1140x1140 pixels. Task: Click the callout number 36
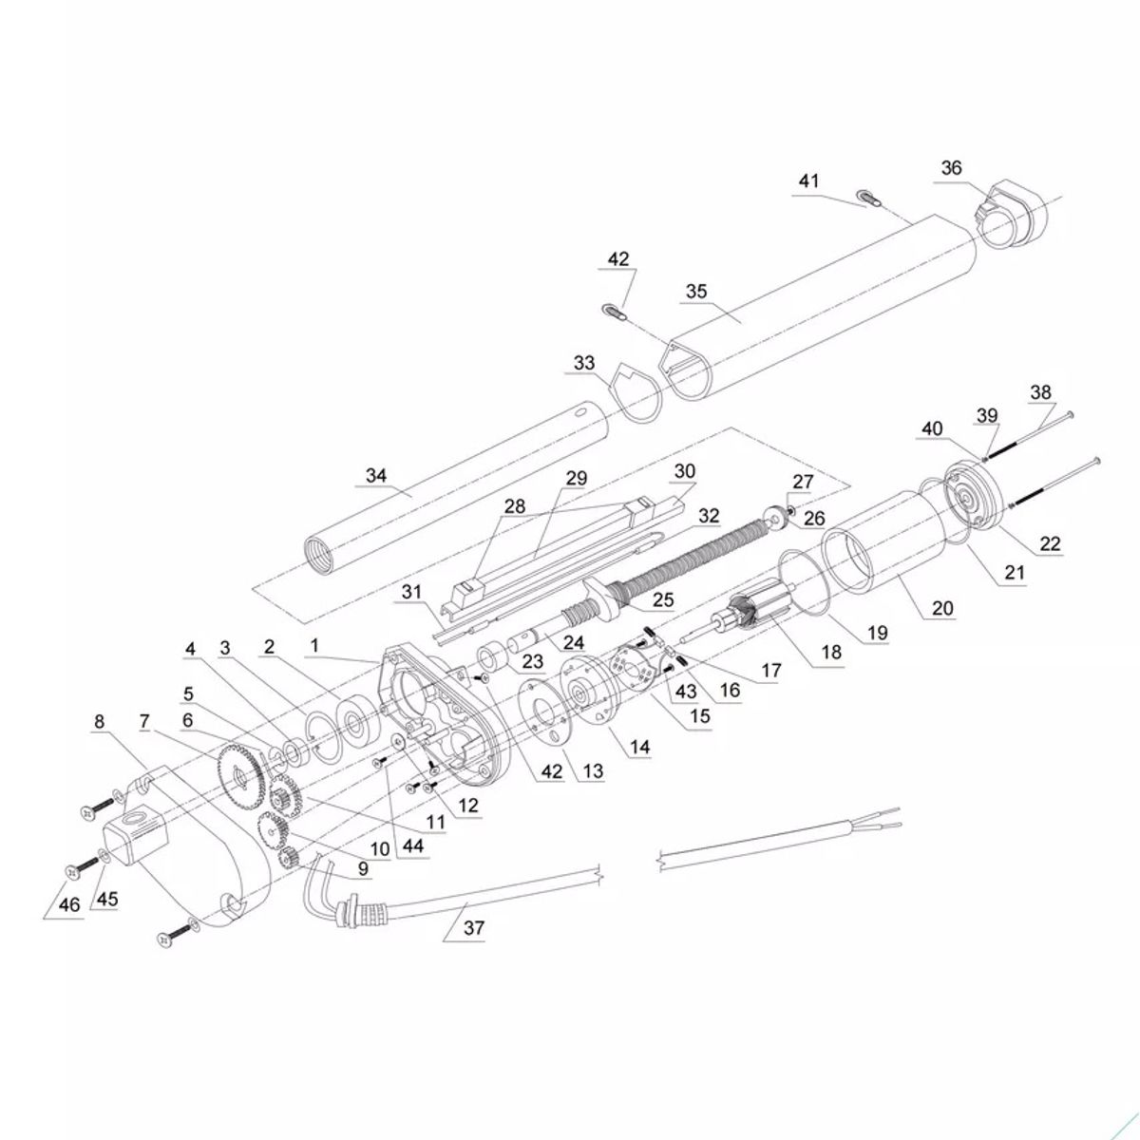(951, 168)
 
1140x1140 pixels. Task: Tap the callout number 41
(808, 180)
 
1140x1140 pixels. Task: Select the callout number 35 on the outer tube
(696, 291)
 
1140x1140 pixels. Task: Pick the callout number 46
(69, 906)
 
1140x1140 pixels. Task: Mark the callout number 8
(100, 721)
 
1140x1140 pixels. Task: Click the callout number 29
(577, 479)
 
